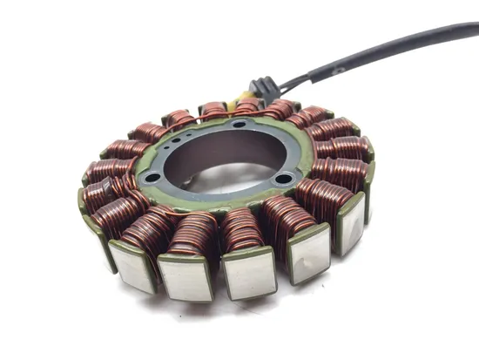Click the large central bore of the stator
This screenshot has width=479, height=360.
pos(222,157)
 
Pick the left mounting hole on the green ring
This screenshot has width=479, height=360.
pos(153,178)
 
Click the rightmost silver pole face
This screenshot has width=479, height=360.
pos(352,222)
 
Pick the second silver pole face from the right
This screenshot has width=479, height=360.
pos(309,253)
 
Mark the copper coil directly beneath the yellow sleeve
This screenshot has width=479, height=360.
pos(246,107)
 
